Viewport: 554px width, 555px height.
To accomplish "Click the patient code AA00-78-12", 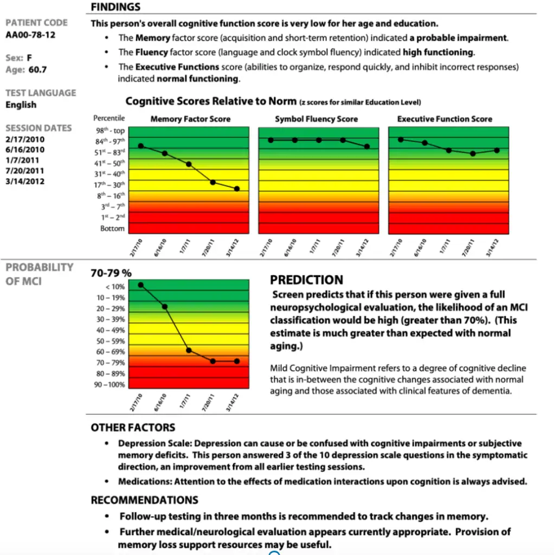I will click(x=30, y=35).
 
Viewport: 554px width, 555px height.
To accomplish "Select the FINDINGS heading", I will click(x=115, y=7).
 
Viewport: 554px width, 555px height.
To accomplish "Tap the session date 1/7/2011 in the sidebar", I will click(x=22, y=160).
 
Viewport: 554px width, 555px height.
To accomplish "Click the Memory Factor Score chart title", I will click(x=190, y=119).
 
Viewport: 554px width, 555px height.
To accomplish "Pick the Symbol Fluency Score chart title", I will click(x=317, y=119).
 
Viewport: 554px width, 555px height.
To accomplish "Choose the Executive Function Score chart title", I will click(x=445, y=119).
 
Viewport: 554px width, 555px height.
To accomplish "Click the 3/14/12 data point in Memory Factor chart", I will click(x=237, y=189).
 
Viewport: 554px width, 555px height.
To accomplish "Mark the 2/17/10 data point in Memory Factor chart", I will click(x=141, y=146).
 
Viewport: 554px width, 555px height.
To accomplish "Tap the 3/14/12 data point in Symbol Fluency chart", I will click(x=367, y=146).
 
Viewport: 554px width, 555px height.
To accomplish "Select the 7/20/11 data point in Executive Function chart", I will click(x=473, y=153).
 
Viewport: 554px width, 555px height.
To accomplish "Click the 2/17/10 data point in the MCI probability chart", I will click(x=141, y=285).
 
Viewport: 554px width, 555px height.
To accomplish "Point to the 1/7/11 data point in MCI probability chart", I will click(x=189, y=350).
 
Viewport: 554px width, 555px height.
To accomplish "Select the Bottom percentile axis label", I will click(x=112, y=228).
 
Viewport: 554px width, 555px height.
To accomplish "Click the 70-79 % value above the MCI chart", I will click(x=111, y=273).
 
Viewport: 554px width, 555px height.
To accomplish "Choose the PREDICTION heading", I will click(x=306, y=280).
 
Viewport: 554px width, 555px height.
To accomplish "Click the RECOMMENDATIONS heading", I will click(x=144, y=500).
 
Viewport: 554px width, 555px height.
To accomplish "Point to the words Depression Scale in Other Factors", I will click(x=147, y=443).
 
